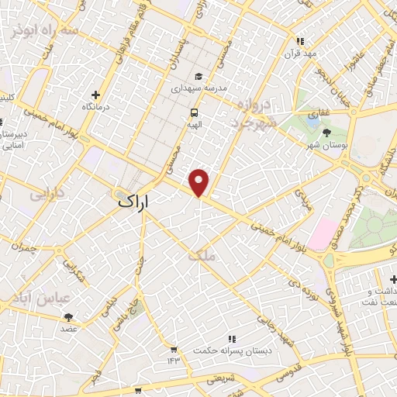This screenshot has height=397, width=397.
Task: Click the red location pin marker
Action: click(200, 182)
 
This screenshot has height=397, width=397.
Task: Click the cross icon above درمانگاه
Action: click(96, 92)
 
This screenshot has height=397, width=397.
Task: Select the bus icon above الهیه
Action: click(192, 112)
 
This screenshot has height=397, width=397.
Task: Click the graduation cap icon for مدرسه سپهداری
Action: click(198, 77)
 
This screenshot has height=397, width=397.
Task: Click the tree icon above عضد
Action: click(68, 316)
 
